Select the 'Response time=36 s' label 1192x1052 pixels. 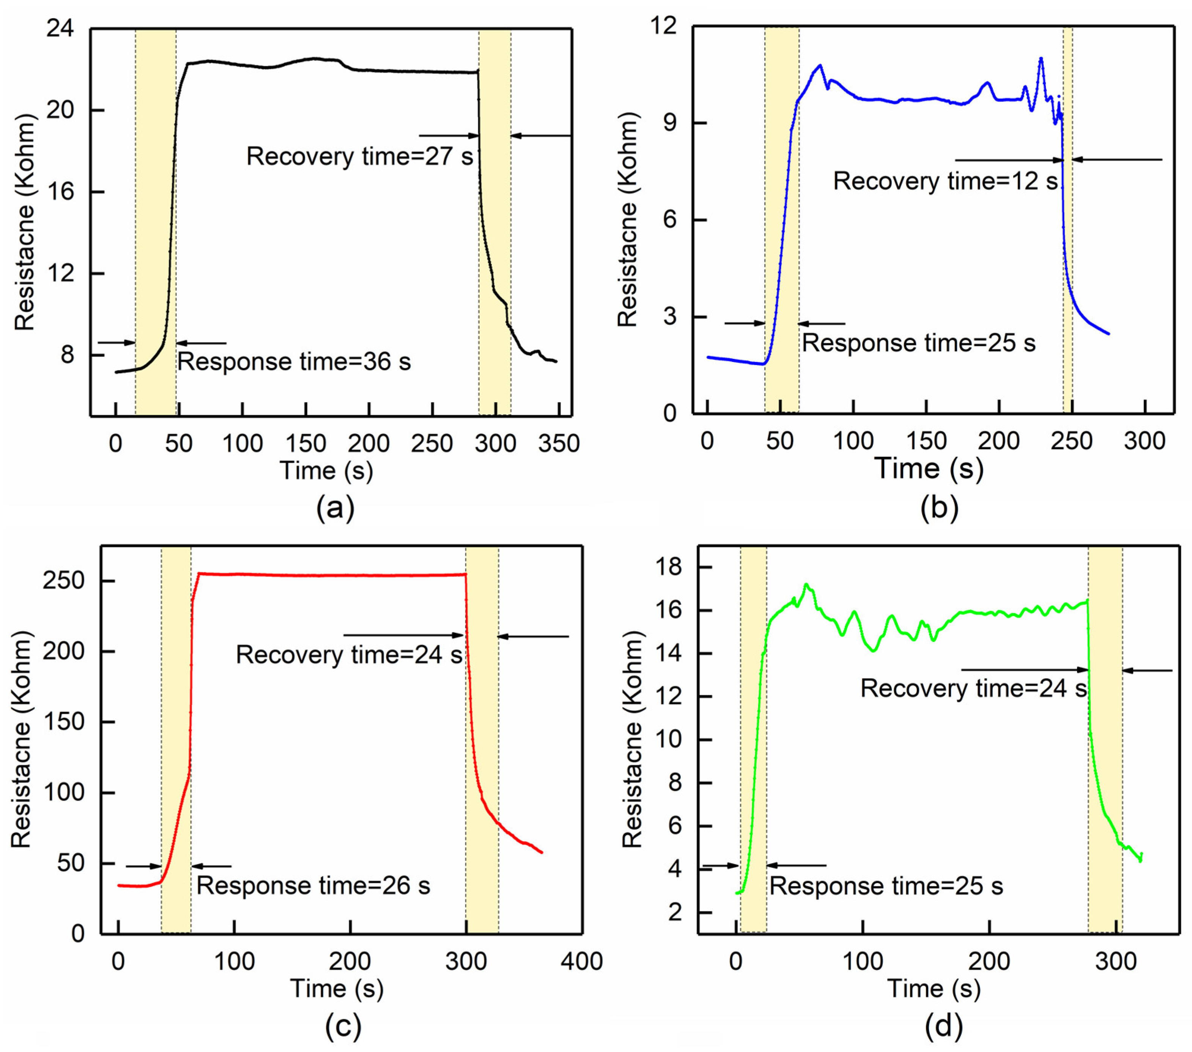pyautogui.click(x=294, y=362)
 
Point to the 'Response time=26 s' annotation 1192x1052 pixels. pyautogui.click(x=313, y=886)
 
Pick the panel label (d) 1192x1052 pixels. pyautogui.click(x=943, y=1025)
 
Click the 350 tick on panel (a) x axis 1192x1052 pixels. pyautogui.click(x=558, y=444)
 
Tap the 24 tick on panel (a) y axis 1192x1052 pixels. pyautogui.click(x=60, y=28)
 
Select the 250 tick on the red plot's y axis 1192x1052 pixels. pyautogui.click(x=63, y=581)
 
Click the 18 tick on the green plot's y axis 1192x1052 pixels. pyautogui.click(x=668, y=567)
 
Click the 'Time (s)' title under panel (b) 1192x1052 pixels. pyautogui.click(x=928, y=469)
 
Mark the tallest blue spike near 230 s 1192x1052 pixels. pyautogui.click(x=1040, y=58)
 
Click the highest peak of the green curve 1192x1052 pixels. pyautogui.click(x=806, y=584)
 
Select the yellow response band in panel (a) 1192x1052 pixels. pyautogui.click(x=156, y=222)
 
